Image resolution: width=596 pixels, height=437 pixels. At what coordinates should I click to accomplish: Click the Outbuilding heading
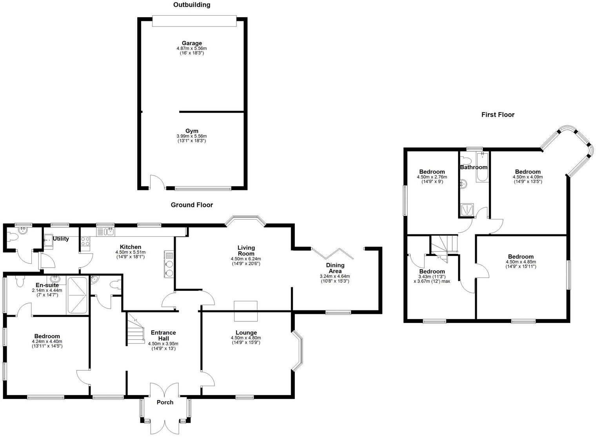(x=192, y=5)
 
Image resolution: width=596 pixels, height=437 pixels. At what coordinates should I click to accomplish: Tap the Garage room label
(x=192, y=43)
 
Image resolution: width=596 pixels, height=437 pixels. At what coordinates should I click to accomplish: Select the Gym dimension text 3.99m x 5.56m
(x=192, y=136)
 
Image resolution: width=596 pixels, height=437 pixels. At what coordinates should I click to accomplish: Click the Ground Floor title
(x=192, y=205)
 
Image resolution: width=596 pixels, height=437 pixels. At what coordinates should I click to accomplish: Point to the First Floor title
(x=498, y=114)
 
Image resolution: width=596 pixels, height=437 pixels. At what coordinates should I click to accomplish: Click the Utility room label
(x=61, y=239)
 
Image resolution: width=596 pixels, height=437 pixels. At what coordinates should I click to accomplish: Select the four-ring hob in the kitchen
(x=85, y=241)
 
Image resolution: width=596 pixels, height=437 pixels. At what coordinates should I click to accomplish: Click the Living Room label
(x=246, y=250)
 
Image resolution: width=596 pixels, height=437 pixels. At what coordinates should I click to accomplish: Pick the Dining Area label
(x=335, y=268)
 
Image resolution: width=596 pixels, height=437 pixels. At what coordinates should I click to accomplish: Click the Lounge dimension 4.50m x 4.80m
(x=246, y=338)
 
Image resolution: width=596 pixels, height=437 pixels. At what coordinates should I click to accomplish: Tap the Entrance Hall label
(x=163, y=335)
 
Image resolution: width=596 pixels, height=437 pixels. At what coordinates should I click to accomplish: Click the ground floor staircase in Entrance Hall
(x=135, y=329)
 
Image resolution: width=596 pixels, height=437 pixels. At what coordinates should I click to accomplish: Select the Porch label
(x=165, y=403)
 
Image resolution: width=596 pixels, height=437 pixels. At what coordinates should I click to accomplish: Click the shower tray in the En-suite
(x=77, y=295)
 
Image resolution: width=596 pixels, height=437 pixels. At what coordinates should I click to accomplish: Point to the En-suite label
(x=47, y=285)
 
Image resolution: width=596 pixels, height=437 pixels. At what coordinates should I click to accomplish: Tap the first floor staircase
(x=443, y=247)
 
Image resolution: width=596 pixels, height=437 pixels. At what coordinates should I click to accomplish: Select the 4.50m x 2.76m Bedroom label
(x=432, y=172)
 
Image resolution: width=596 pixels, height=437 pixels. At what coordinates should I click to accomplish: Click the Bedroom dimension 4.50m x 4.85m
(x=521, y=262)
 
